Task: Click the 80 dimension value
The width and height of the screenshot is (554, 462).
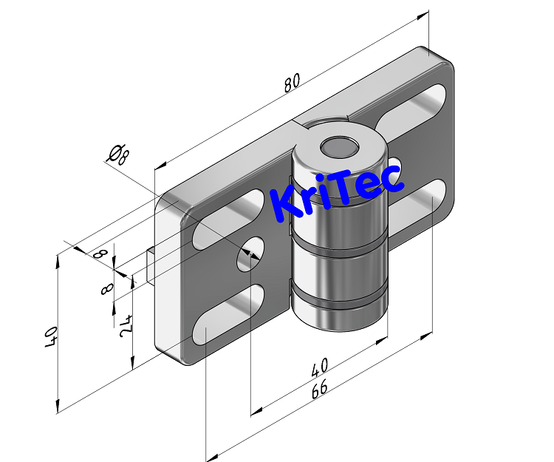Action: pyautogui.click(x=292, y=84)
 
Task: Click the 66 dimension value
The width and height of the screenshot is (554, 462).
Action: pyautogui.click(x=320, y=390)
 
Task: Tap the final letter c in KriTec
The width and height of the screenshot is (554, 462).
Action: pyautogui.click(x=391, y=176)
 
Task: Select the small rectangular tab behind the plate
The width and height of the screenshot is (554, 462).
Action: pyautogui.click(x=151, y=267)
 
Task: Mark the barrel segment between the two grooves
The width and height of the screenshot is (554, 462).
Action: pyautogui.click(x=339, y=275)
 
